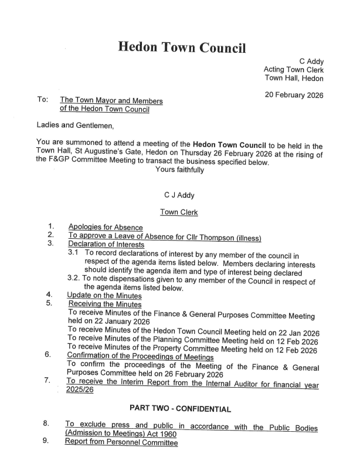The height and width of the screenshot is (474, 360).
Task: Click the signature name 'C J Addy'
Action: pyautogui.click(x=179, y=196)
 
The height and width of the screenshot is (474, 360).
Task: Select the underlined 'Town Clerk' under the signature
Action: pyautogui.click(x=179, y=212)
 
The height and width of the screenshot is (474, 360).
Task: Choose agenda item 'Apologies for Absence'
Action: pyautogui.click(x=106, y=227)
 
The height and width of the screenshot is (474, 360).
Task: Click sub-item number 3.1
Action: pyautogui.click(x=74, y=253)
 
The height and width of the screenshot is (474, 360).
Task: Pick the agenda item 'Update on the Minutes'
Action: pyautogui.click(x=104, y=295)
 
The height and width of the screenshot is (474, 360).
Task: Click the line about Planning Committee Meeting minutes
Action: pyautogui.click(x=193, y=341)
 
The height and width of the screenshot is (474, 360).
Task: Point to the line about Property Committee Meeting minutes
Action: pyautogui.click(x=193, y=350)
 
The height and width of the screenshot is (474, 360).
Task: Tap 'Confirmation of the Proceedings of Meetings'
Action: pyautogui.click(x=141, y=357)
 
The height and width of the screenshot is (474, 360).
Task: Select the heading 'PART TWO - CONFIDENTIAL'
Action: pyautogui.click(x=180, y=408)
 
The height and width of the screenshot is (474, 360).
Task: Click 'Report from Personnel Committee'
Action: pyautogui.click(x=121, y=443)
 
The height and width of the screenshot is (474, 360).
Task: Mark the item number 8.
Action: pyautogui.click(x=45, y=423)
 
